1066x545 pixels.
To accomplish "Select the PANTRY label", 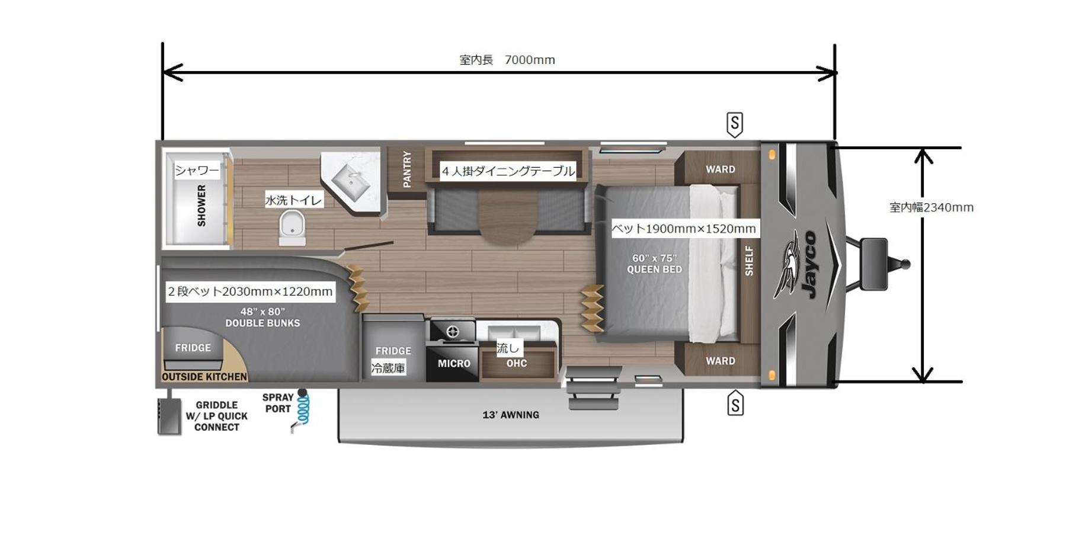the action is coord(407,169).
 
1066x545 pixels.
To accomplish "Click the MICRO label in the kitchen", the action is coord(454,364).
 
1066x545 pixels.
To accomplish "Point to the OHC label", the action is coord(517,363).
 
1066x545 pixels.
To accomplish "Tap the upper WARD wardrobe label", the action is coord(721,169).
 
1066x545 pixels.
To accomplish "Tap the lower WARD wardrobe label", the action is coord(721,361).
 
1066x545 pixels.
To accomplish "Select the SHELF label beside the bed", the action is coord(749,261).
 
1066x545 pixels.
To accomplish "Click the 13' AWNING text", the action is coord(511,415).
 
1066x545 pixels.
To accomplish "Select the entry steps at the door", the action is coord(593,388).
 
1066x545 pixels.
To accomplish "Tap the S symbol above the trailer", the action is coord(735,124).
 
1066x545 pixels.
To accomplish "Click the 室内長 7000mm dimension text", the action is coord(507,60).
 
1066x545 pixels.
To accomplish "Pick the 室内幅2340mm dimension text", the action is coord(931,207).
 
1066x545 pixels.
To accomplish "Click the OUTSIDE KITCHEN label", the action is coord(204,377).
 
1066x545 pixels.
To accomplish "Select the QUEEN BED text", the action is coord(655,270).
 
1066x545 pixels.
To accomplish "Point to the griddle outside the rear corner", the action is coord(169,416).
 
